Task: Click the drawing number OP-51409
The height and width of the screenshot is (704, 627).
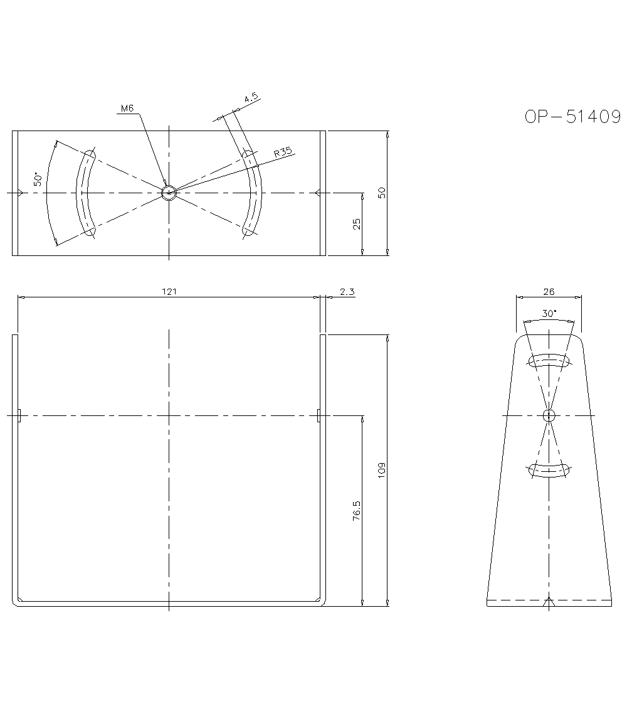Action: (572, 117)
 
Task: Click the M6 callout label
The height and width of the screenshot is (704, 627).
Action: (127, 109)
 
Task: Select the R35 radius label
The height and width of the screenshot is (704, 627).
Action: (283, 152)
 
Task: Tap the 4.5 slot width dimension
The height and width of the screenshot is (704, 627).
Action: (251, 99)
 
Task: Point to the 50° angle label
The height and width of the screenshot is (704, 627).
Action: (39, 179)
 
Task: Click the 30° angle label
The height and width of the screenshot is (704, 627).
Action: (549, 314)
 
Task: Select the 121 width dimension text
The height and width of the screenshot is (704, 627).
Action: (169, 291)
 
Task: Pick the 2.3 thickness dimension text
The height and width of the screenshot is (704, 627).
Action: (347, 291)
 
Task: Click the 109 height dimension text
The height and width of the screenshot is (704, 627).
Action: (382, 470)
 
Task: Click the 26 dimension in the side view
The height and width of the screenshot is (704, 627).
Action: (549, 292)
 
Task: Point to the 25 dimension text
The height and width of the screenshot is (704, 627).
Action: (356, 224)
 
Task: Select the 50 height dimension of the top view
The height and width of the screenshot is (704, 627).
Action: (382, 193)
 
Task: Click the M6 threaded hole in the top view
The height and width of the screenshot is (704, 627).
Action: (169, 193)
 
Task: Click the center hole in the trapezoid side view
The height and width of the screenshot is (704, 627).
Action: (549, 415)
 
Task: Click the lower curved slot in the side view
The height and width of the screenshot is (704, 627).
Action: (549, 471)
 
